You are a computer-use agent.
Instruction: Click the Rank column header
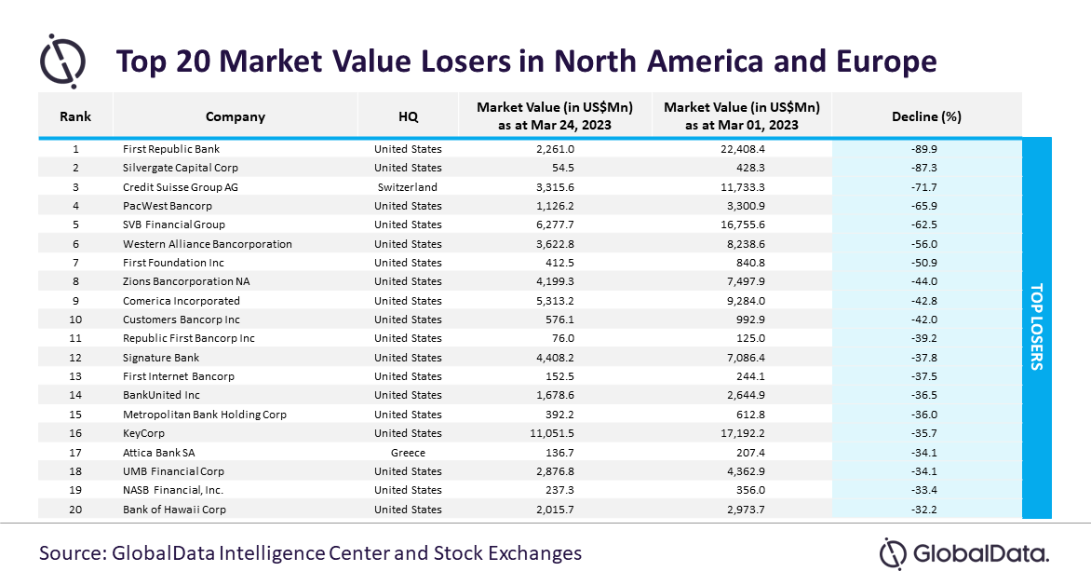75,116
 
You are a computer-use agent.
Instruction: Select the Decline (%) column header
926,116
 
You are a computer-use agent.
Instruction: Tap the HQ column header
408,116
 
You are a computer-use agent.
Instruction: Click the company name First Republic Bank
171,149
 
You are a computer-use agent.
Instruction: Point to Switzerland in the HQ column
408,186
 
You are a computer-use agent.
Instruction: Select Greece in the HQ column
408,453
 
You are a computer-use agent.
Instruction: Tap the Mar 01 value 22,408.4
741,149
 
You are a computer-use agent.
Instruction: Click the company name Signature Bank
161,358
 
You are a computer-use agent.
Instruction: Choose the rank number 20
75,510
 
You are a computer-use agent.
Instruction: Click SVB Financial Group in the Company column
174,224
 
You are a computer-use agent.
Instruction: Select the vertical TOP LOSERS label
1036,327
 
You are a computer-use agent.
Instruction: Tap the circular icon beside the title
62,61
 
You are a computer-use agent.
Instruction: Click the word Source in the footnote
71,553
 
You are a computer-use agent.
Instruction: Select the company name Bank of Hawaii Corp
174,510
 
